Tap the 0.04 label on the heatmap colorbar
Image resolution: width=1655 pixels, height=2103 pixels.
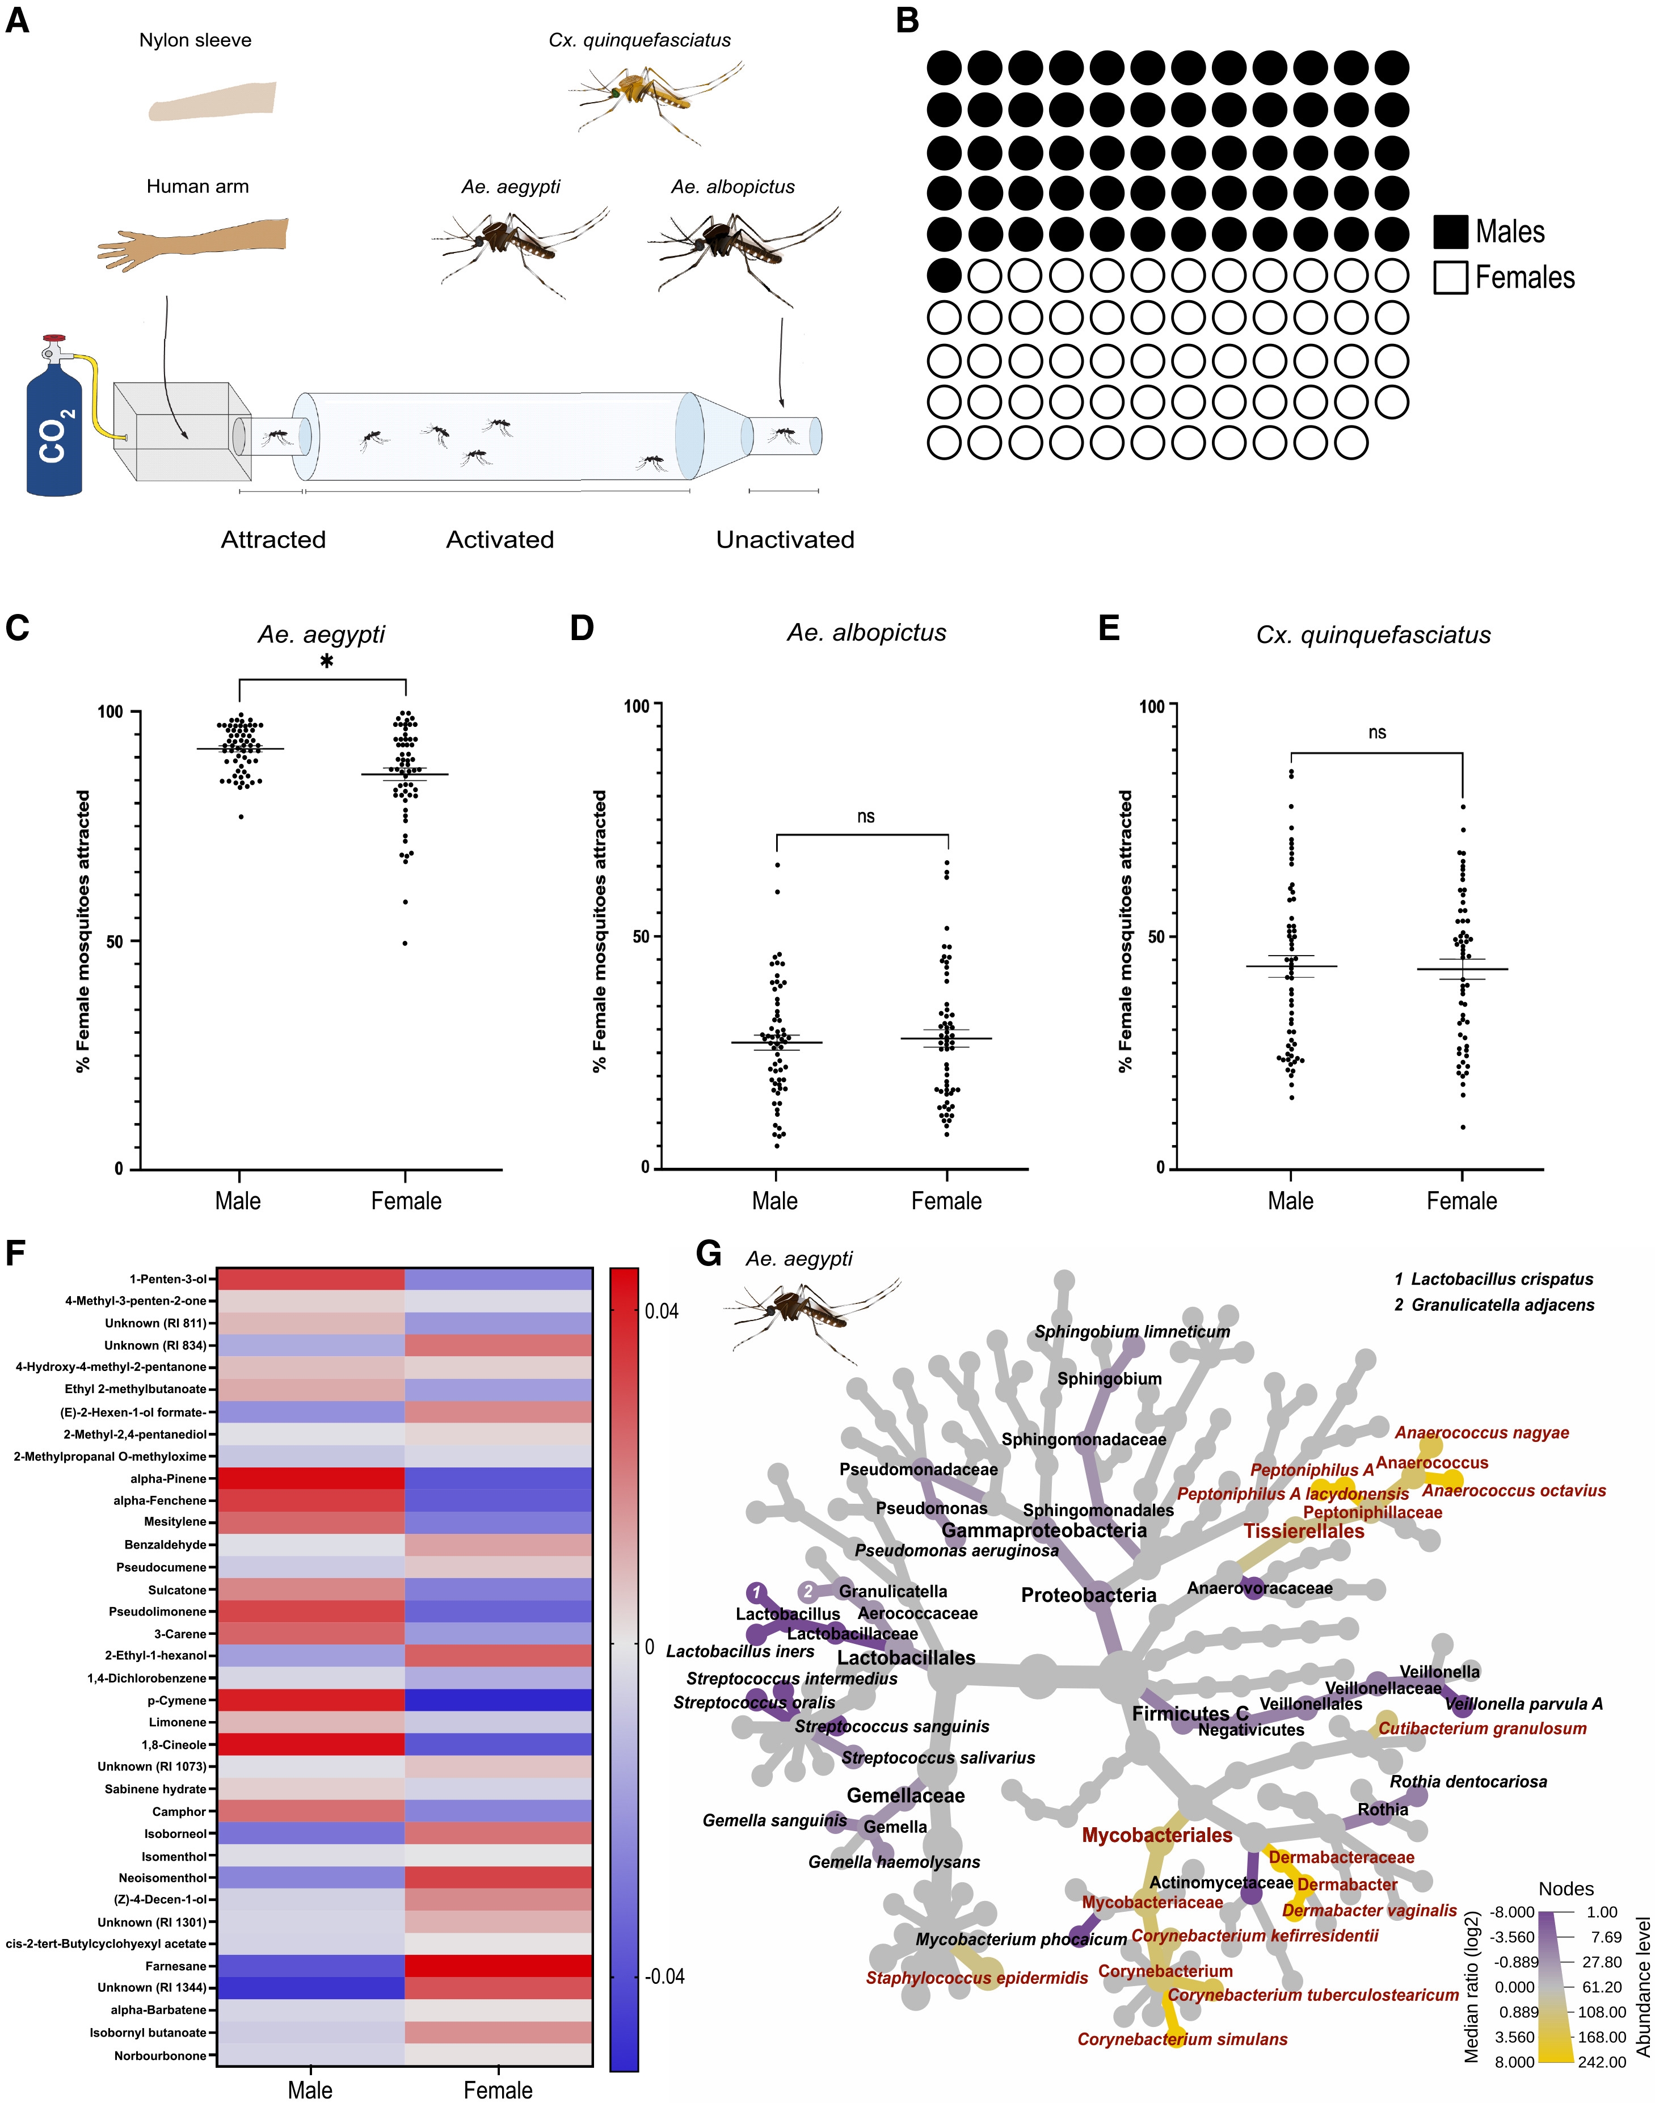tap(662, 1311)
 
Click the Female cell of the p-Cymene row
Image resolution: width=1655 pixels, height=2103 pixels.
tap(498, 1701)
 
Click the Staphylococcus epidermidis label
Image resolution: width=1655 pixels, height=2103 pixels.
tap(977, 1978)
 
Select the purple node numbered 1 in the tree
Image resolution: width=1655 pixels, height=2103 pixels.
tap(757, 1592)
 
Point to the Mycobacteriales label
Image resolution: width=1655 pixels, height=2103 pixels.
tap(1157, 1836)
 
